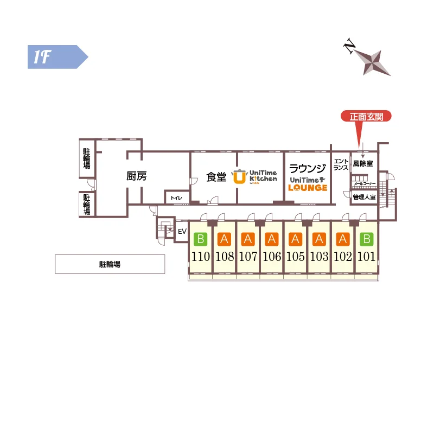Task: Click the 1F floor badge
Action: [x=58, y=57]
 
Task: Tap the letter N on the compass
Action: [x=349, y=46]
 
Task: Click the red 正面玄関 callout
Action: [x=366, y=117]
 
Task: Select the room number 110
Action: [x=201, y=257]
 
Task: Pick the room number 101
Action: [x=366, y=257]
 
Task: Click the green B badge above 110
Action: [x=201, y=239]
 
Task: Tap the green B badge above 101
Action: [x=367, y=239]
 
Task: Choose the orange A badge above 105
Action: [x=295, y=239]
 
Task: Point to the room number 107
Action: [x=248, y=257]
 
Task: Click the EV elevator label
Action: [x=182, y=231]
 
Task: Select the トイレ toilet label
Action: [x=176, y=198]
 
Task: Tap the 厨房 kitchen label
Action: [x=136, y=176]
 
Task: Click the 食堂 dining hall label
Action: [x=216, y=177]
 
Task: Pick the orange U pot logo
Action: [x=239, y=177]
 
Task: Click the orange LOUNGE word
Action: [x=308, y=188]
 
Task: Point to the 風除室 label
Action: [x=363, y=163]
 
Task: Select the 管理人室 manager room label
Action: [x=365, y=197]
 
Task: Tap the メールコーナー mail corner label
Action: [x=365, y=184]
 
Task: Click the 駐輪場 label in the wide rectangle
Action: [x=110, y=264]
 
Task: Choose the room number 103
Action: [x=319, y=257]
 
